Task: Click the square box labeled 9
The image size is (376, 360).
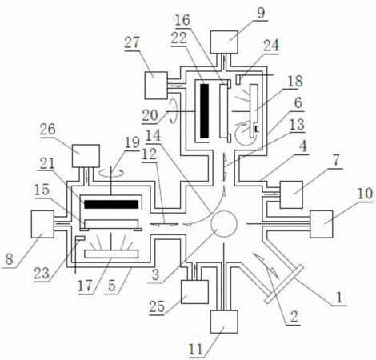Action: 224,42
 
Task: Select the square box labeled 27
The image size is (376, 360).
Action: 156,86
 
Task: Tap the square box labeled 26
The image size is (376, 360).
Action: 86,156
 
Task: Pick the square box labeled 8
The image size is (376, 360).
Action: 42,224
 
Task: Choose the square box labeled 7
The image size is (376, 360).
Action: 291,194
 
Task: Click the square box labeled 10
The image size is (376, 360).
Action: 322,224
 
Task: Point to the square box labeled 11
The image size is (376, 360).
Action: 224,322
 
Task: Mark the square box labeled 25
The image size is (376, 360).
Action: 194,292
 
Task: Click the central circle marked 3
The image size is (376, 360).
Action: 224,224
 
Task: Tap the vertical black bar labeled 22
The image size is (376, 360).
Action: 205,111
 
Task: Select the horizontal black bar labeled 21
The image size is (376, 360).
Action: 111,204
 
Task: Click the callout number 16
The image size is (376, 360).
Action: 182,20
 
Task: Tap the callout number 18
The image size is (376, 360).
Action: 295,81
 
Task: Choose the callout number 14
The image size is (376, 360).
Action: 154,135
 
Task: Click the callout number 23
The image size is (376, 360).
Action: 42,273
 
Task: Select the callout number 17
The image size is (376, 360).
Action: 86,286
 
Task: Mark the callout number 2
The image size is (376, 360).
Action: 294,318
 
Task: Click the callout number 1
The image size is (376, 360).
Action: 339,298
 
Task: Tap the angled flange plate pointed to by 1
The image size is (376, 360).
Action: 284,284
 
